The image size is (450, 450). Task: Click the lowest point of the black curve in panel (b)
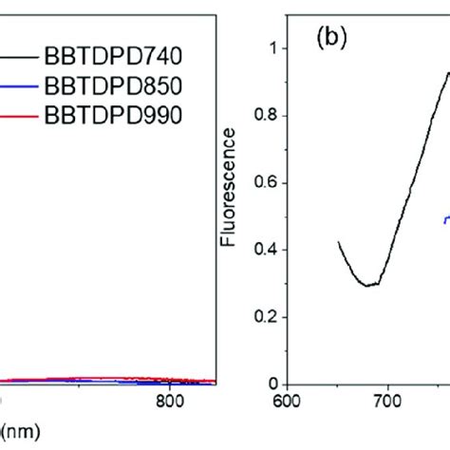click(368, 285)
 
